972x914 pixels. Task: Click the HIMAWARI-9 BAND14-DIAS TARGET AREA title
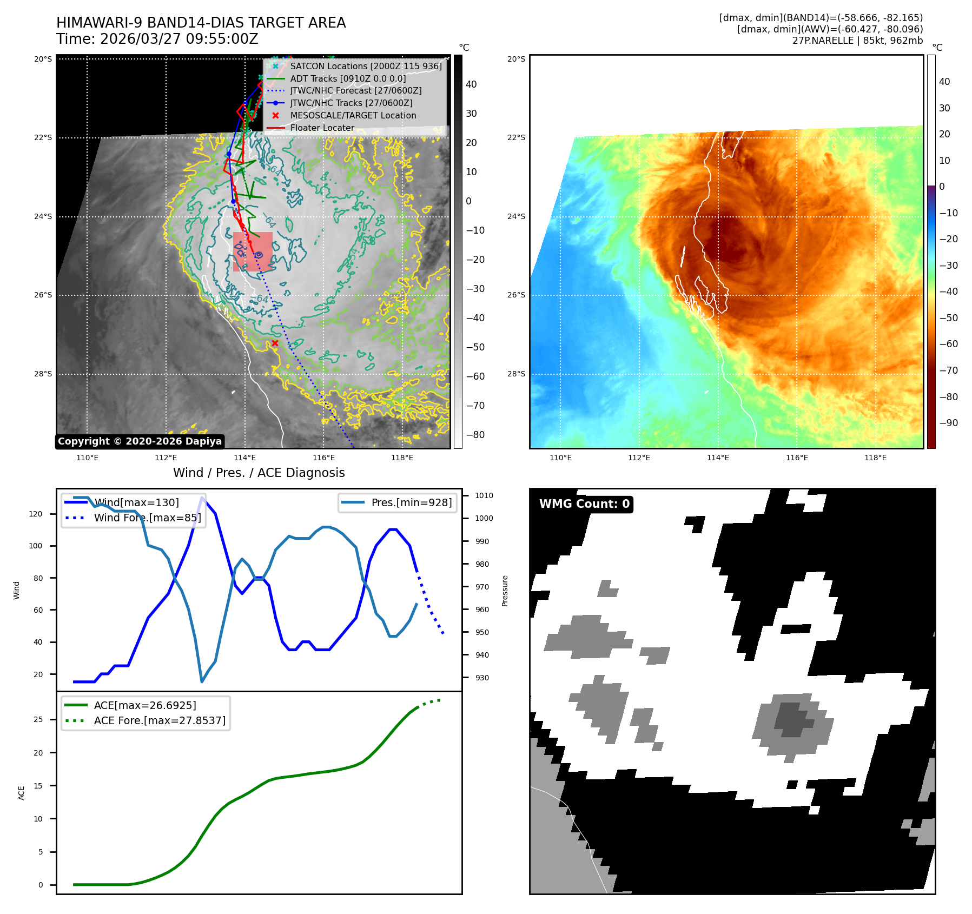(201, 23)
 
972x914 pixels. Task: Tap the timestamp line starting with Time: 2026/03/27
(157, 39)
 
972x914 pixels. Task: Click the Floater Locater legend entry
(322, 128)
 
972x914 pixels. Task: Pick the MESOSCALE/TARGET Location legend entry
(353, 115)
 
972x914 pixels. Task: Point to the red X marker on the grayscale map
(275, 343)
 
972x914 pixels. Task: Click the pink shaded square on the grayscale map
(253, 251)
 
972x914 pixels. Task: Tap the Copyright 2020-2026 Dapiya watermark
(140, 441)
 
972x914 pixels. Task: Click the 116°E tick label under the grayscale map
(323, 458)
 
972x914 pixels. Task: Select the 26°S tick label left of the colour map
(516, 295)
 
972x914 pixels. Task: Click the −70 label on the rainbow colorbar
(948, 370)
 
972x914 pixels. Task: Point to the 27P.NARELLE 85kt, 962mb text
(857, 41)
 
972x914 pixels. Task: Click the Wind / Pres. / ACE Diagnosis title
(259, 473)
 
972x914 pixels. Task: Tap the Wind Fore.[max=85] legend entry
(147, 518)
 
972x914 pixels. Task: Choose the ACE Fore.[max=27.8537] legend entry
(160, 720)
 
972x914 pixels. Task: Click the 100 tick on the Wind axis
(35, 546)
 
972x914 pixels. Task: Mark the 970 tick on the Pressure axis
(481, 587)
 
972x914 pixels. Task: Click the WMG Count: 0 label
(584, 504)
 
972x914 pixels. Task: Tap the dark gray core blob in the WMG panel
(791, 719)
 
